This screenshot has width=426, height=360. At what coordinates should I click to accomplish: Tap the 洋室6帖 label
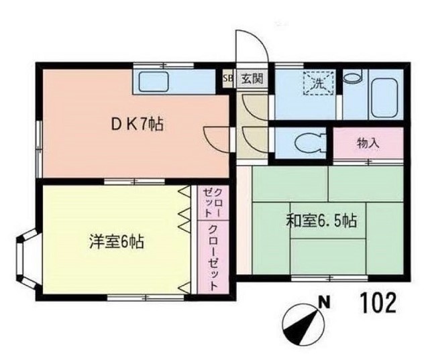pyautogui.click(x=116, y=240)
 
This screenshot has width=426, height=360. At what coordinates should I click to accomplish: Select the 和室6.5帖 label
pyautogui.click(x=321, y=220)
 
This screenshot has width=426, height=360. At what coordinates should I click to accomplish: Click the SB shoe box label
pyautogui.click(x=227, y=77)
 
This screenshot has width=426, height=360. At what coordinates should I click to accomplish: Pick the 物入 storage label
pyautogui.click(x=368, y=142)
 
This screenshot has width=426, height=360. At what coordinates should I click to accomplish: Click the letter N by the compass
pyautogui.click(x=324, y=302)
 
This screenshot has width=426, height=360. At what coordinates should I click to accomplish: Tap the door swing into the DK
pyautogui.click(x=216, y=137)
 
